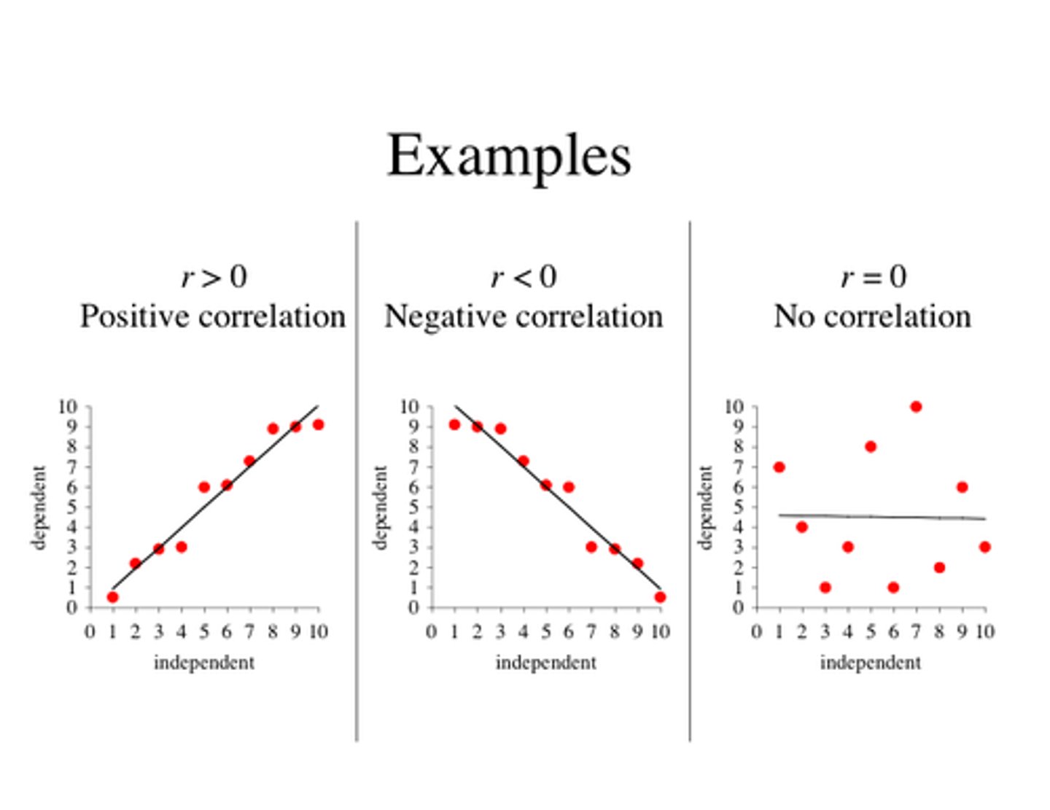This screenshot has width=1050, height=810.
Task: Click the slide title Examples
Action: pos(508,155)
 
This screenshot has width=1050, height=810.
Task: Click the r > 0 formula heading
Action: pos(214,277)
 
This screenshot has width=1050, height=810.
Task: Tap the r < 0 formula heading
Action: pos(523,277)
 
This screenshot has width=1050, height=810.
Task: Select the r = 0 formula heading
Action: pos(873,277)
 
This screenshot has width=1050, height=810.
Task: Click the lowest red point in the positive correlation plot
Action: pos(112,597)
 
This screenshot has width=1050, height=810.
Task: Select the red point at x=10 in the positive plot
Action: pos(318,424)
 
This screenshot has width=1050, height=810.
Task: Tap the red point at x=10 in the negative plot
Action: pos(660,597)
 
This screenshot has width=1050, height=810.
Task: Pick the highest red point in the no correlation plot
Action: pos(916,407)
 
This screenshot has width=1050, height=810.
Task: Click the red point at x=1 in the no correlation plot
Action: pos(779,467)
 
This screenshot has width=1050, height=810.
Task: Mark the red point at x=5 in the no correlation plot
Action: pos(871,447)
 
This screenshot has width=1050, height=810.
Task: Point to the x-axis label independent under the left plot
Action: pos(204,663)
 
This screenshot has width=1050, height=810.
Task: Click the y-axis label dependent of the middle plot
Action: pos(380,507)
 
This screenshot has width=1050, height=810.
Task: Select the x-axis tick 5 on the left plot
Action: pos(204,631)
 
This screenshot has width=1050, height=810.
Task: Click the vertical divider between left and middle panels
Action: pos(357,481)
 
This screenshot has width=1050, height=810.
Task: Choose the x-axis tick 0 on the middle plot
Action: pos(432,631)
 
